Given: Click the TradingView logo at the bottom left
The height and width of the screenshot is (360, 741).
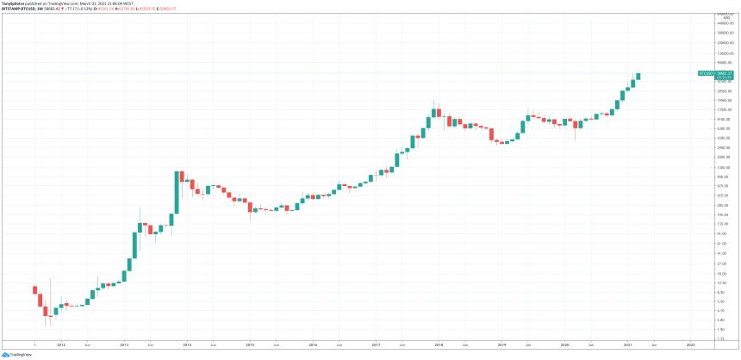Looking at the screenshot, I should tap(11, 353).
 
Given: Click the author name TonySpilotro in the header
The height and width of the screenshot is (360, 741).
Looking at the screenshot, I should tap(13, 3).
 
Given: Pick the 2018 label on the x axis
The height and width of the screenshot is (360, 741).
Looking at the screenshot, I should tap(439, 344).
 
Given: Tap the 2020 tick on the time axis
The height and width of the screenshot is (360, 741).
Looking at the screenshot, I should tap(565, 344).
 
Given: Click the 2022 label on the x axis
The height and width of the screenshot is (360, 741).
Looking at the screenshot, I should tap(691, 344).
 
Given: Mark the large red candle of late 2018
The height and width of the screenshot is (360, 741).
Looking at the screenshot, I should tap(492, 134).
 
